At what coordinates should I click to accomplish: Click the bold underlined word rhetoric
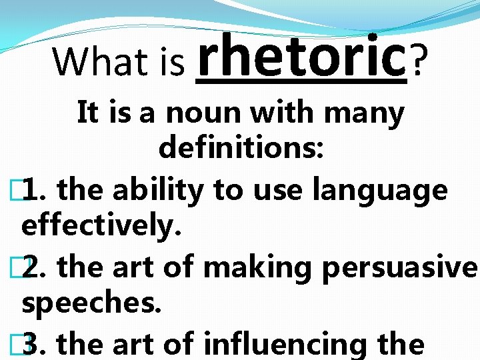pos(301,57)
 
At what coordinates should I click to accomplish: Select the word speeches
pos(91,304)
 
